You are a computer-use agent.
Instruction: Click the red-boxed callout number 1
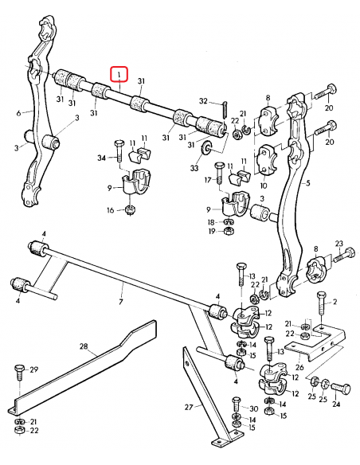coord(119,75)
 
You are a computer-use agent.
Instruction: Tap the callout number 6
coord(18,113)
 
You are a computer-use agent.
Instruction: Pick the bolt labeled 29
coord(18,373)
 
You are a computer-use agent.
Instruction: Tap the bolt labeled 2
coord(319,305)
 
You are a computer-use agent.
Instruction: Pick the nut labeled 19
coord(226,231)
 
